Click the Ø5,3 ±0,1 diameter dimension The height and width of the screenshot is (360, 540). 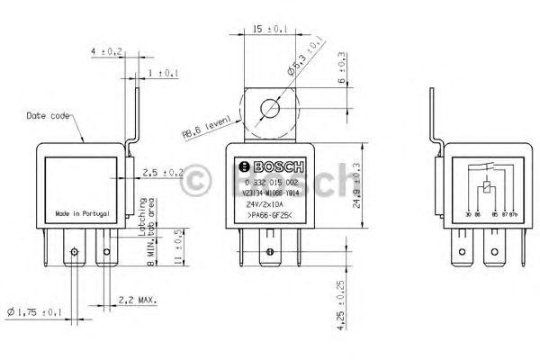click(303, 57)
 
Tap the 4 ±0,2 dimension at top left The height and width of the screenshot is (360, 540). click(106, 52)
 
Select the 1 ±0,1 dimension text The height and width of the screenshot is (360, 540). click(163, 72)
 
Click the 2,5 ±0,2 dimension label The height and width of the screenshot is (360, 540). click(163, 172)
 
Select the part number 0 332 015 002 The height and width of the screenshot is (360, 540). click(270, 182)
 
